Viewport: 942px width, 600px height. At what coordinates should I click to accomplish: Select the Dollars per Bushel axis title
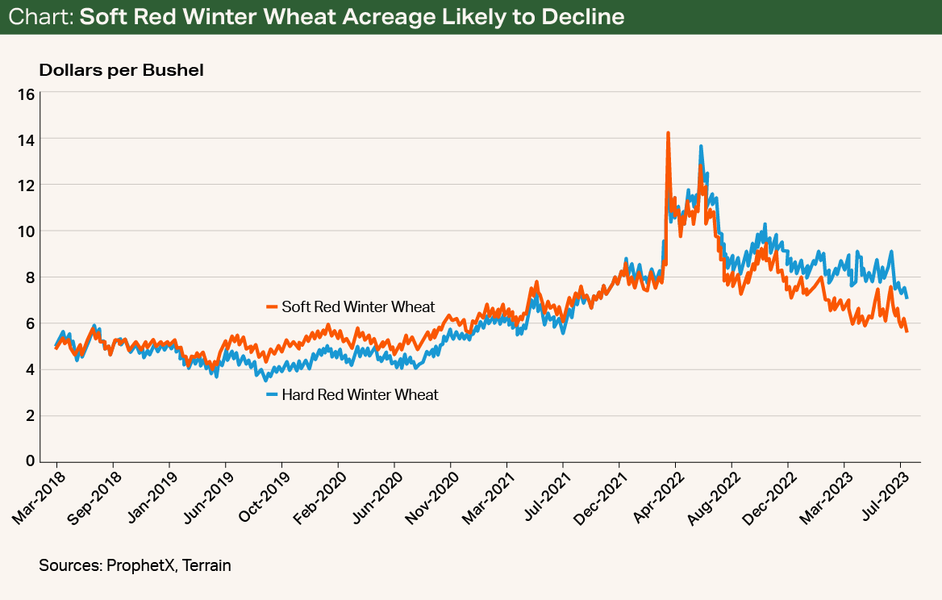121,70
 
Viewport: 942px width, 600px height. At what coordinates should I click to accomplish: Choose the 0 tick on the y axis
29,461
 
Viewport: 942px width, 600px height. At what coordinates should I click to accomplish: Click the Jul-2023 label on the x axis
882,497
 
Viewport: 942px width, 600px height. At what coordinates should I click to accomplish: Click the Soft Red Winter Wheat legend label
358,306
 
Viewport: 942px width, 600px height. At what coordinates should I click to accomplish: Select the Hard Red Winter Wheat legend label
360,394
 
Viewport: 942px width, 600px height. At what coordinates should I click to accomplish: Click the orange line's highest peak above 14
668,133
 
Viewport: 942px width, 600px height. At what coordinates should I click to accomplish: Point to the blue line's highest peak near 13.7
701,147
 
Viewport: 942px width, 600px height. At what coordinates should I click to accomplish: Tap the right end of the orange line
907,331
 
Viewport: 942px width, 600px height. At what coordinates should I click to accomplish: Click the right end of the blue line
907,298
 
